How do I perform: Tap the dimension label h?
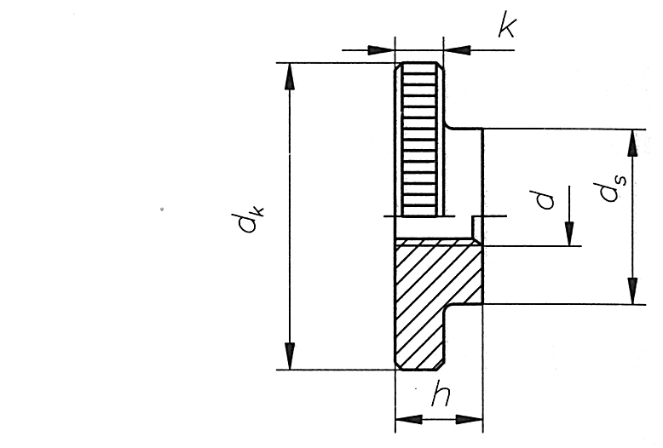pos(441,393)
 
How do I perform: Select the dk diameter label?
pos(251,219)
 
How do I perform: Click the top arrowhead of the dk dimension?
pos(290,77)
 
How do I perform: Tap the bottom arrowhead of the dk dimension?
pos(290,356)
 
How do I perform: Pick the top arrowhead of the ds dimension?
pos(632,143)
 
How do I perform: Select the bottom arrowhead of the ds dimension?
pos(632,290)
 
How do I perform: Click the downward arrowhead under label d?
pos(569,233)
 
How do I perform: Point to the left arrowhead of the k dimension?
pos(381,50)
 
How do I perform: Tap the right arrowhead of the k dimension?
pos(457,50)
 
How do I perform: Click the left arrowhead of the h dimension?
pos(409,420)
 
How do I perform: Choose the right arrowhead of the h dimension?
pos(469,420)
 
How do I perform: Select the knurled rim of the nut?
pos(419,140)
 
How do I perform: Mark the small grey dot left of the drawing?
pos(162,209)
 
